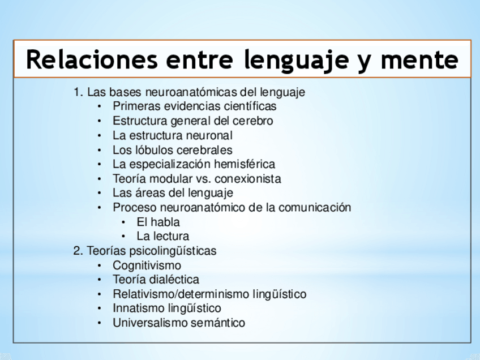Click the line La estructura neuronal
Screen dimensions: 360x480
click(173, 135)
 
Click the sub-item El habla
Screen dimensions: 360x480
click(158, 222)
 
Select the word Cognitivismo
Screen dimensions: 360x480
click(147, 265)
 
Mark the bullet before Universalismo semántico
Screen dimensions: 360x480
click(99, 323)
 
